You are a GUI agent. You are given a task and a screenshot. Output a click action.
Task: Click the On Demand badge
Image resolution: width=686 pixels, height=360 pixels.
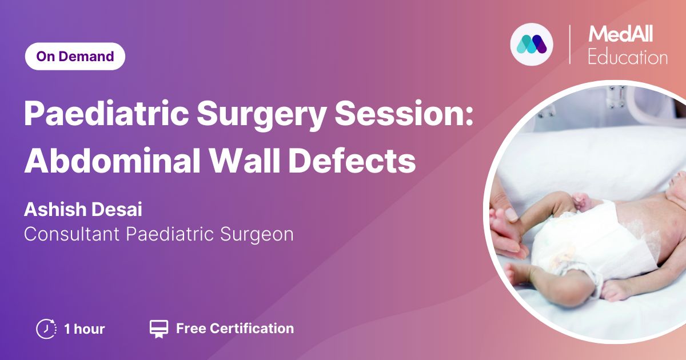[x=75, y=57]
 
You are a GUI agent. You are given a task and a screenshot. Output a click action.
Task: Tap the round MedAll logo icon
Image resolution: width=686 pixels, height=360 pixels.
[x=532, y=45]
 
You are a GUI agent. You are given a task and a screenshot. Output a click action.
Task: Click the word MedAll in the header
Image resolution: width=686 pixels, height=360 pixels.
[x=620, y=34]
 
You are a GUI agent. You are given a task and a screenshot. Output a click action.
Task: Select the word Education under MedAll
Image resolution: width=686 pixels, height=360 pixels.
[x=628, y=57]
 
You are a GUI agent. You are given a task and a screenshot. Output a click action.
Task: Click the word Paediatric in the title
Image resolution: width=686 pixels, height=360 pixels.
[x=106, y=113]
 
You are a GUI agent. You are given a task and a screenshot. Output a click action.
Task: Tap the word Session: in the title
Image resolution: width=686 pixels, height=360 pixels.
[x=404, y=113]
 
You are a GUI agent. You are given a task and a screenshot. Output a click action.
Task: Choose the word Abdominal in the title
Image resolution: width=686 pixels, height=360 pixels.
[x=113, y=160]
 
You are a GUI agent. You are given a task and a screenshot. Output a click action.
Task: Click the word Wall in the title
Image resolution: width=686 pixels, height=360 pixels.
[x=245, y=160]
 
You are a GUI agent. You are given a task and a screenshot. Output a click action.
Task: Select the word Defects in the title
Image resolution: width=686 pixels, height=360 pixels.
[x=352, y=160]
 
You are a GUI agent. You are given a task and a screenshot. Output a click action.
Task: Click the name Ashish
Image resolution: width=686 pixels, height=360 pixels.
[x=55, y=209]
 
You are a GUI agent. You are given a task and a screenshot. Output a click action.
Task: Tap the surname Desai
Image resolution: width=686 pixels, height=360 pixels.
[x=117, y=209]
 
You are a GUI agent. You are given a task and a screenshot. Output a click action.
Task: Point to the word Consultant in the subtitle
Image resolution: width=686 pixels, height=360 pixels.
[x=71, y=234]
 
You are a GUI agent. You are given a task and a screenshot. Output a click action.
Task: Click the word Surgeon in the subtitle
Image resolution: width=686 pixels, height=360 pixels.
[x=257, y=235]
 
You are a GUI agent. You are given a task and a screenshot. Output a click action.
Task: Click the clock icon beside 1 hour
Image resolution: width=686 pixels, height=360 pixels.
[x=46, y=329]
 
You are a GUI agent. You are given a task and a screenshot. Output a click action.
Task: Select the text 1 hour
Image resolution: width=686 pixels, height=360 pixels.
[x=85, y=329]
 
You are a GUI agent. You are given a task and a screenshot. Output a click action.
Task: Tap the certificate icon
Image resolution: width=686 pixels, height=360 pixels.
[x=159, y=329]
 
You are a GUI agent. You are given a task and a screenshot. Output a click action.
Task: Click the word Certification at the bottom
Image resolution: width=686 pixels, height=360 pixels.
[x=252, y=329]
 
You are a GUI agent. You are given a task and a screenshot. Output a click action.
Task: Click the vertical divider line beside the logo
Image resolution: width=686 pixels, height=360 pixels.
[x=569, y=45]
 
